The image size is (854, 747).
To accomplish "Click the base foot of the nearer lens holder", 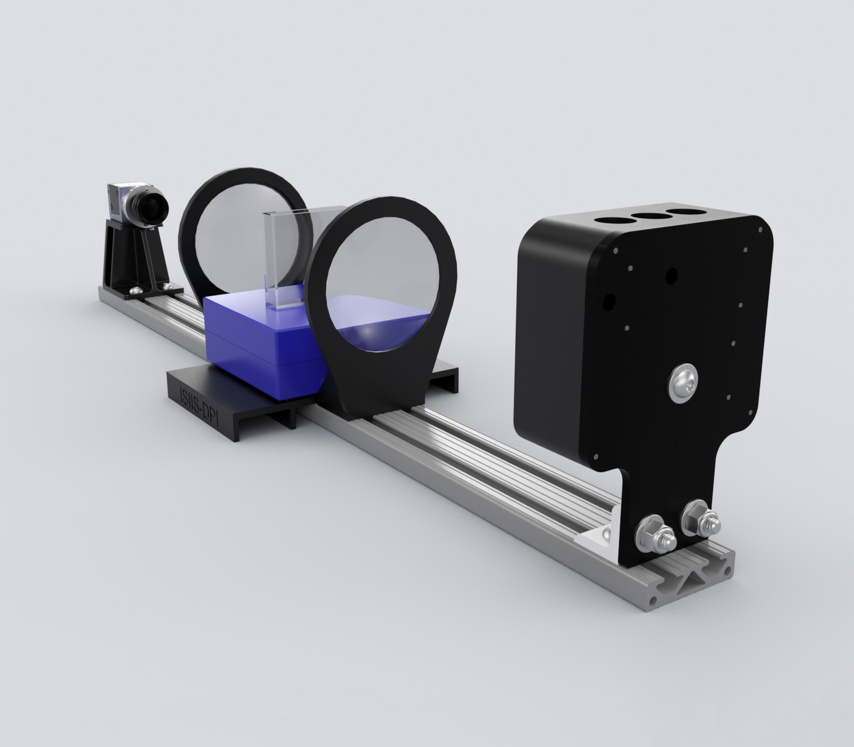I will (x=374, y=406).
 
